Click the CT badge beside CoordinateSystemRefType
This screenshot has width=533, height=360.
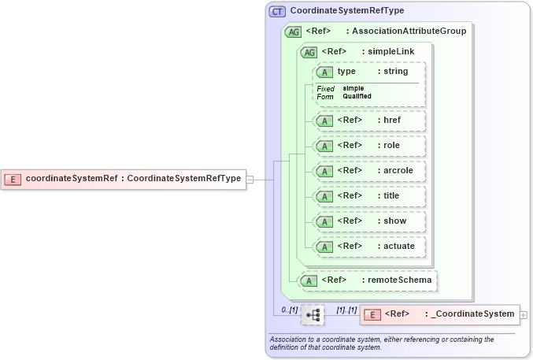click(x=277, y=12)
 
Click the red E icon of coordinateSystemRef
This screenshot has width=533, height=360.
click(x=13, y=178)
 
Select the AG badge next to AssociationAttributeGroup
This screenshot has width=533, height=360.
click(x=293, y=32)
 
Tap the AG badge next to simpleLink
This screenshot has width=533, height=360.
click(x=309, y=52)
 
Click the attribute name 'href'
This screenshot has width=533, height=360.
click(x=391, y=121)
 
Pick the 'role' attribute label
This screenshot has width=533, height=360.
click(x=391, y=146)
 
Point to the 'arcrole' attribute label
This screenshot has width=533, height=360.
click(x=398, y=170)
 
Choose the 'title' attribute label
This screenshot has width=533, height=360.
click(x=392, y=195)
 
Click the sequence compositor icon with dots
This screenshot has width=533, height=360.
click(x=313, y=314)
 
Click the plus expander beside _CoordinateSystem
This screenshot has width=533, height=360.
click(x=524, y=314)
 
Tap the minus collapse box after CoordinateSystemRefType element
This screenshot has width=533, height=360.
click(x=250, y=179)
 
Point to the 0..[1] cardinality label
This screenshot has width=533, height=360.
click(x=289, y=310)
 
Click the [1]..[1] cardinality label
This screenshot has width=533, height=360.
click(x=346, y=310)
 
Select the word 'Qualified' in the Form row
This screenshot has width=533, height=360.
click(x=357, y=96)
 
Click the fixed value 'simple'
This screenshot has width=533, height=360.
click(x=353, y=88)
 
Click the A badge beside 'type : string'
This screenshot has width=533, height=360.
click(x=324, y=72)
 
